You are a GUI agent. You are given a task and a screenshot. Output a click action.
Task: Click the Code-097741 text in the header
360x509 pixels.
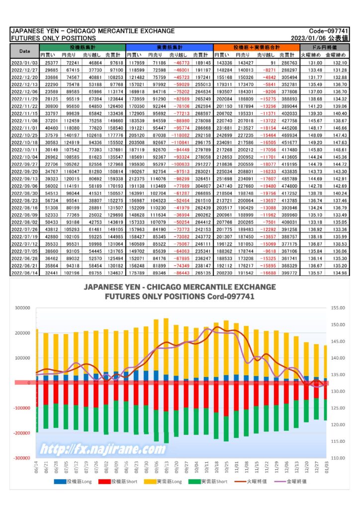coord(328,31)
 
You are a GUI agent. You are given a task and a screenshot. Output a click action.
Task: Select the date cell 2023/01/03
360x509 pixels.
coord(25,63)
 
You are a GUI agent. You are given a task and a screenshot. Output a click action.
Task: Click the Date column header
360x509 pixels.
coord(25,51)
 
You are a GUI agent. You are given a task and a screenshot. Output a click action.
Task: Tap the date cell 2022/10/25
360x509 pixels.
coord(25,135)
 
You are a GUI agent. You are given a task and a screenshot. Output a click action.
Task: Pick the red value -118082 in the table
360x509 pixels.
coord(180,135)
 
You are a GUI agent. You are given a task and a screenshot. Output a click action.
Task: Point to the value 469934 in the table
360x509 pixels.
coord(289,135)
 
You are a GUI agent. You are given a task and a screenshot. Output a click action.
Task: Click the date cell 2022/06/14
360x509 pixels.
coord(25,273)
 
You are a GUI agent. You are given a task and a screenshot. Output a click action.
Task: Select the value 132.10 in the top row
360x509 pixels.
coord(340,63)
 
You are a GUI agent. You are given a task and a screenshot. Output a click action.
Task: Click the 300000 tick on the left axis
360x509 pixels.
coord(22,308)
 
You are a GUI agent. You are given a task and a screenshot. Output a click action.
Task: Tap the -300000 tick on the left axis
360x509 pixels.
coord(21,458)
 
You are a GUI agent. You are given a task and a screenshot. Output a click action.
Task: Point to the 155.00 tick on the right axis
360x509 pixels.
coord(338,308)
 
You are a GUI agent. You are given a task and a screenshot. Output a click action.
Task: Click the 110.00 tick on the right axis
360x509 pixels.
coord(338,458)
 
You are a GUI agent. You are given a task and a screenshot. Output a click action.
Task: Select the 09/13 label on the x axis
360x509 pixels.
coord(167,467)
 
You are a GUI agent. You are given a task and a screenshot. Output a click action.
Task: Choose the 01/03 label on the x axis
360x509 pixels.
coord(327,467)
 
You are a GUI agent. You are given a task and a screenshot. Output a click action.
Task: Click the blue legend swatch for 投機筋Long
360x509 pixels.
coord(60,482)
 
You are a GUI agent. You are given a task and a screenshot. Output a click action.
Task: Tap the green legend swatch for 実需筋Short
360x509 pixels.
coord(194,482)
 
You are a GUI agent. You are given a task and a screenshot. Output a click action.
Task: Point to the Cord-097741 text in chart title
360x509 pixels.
coord(231,296)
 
